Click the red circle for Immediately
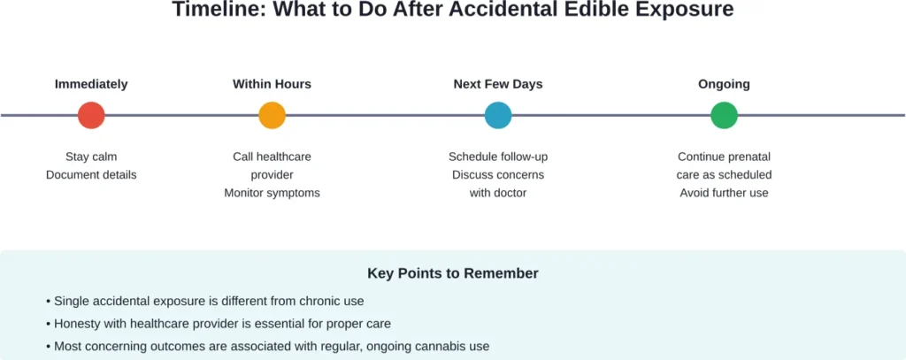click(91, 115)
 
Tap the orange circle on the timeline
click(272, 115)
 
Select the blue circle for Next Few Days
click(498, 115)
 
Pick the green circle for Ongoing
click(724, 115)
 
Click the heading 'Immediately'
click(91, 84)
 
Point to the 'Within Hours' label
click(272, 84)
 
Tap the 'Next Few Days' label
click(498, 84)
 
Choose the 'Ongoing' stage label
click(724, 84)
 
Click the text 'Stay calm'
click(91, 157)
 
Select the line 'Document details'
click(91, 174)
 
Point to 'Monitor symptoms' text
click(272, 192)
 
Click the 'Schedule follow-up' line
click(498, 157)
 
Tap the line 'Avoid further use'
click(724, 192)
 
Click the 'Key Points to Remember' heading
click(453, 273)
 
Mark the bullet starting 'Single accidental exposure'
click(204, 301)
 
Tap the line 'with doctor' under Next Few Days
click(498, 192)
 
